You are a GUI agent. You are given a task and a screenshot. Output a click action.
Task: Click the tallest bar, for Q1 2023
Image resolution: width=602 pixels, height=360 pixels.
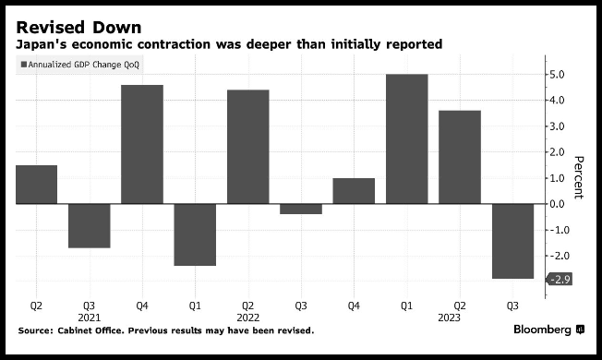coord(406,139)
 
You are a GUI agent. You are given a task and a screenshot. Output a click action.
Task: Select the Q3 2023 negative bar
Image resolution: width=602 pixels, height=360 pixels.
coord(513,241)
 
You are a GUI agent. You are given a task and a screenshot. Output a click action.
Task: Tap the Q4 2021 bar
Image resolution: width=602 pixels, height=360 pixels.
coord(142,144)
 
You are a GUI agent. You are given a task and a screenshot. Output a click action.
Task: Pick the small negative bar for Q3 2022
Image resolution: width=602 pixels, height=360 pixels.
coord(301,209)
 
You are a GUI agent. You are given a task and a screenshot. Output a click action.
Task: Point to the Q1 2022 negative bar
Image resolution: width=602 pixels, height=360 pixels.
coord(195,234)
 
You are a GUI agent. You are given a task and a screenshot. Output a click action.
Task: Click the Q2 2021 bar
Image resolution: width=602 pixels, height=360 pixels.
coord(37,185)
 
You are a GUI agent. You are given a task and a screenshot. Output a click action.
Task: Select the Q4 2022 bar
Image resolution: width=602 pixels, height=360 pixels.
coord(354,191)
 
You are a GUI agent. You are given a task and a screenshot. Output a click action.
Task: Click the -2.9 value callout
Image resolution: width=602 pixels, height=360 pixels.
coord(560,280)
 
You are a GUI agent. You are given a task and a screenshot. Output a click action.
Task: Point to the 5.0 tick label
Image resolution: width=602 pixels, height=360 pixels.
coord(557,75)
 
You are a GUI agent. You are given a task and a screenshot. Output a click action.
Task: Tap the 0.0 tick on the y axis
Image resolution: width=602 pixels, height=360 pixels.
coord(557,204)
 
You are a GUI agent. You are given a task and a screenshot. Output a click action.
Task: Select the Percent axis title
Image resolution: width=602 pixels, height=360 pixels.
coord(579,177)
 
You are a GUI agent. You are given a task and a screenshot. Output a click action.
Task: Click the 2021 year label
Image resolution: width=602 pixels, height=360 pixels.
coord(89,318)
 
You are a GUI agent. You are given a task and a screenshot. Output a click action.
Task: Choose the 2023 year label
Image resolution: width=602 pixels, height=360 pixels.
coord(450,318)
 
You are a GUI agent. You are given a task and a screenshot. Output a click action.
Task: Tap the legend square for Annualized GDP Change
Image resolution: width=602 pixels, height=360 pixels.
coord(24,65)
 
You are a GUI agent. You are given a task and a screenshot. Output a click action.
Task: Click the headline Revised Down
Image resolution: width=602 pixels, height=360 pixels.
coord(78,28)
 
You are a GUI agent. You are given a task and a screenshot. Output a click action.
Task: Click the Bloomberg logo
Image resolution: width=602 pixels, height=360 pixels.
coord(549,330)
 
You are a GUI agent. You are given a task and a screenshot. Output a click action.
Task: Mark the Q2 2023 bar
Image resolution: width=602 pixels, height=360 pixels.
coord(460,157)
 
